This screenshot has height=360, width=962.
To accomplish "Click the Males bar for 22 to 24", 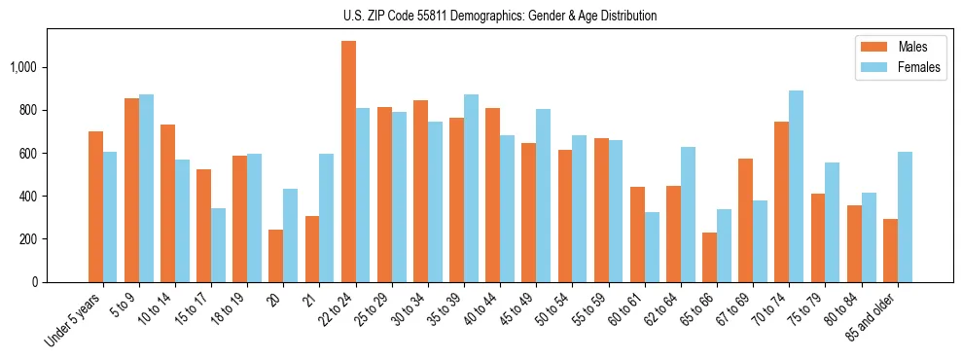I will [x=348, y=162].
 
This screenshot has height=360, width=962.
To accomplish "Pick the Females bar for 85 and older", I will [x=905, y=217].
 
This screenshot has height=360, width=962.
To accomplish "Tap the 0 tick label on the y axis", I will [x=36, y=282].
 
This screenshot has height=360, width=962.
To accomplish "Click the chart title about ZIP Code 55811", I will [x=499, y=16].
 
